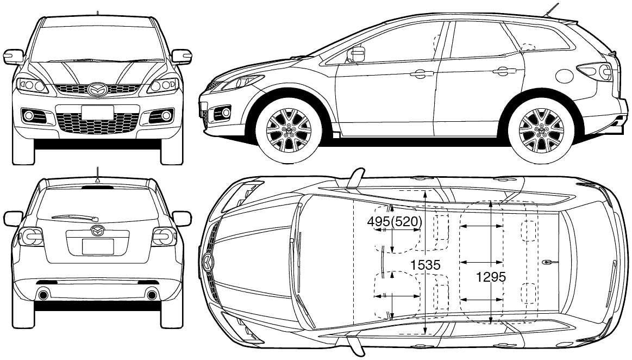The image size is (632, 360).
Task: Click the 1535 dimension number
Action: tap(425, 265)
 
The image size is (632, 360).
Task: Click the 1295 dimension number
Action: tap(491, 277)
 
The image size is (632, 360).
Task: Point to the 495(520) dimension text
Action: tap(395, 221)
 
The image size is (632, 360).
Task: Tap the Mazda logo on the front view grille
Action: tap(97, 89)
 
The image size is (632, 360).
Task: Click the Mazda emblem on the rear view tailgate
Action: tap(98, 232)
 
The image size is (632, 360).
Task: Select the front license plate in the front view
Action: tap(97, 113)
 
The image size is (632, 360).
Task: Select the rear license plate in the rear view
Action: tap(98, 246)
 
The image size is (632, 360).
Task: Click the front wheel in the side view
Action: tap(289, 130)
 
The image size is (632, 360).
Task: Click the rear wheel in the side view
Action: tap(541, 130)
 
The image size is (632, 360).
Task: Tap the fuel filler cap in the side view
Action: tap(564, 76)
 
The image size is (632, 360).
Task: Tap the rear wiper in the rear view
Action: tap(75, 218)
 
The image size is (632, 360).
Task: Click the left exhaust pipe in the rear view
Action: tap(43, 295)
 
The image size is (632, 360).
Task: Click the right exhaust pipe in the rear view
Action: tap(152, 295)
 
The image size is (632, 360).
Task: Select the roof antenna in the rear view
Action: tap(97, 175)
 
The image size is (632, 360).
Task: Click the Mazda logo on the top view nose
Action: tap(208, 263)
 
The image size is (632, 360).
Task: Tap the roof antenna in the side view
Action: tap(551, 10)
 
